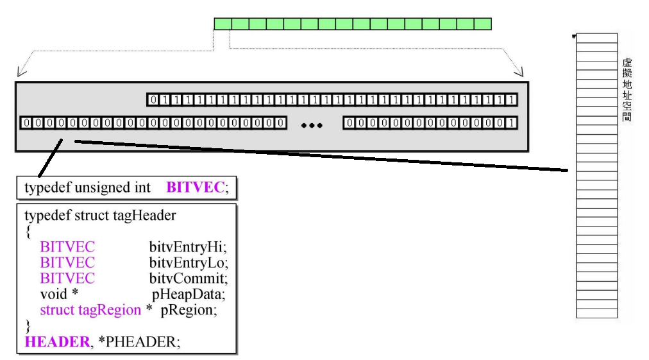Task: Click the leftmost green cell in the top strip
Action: point(222,24)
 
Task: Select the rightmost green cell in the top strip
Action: point(483,24)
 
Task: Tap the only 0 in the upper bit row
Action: point(153,99)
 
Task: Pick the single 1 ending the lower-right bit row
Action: point(509,123)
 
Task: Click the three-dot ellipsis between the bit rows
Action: point(312,125)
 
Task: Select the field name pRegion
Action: point(189,309)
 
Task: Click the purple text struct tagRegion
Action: point(90,309)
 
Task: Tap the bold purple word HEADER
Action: point(57,341)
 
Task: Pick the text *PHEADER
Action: point(139,341)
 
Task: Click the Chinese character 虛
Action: point(627,63)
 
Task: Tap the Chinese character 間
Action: point(627,117)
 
